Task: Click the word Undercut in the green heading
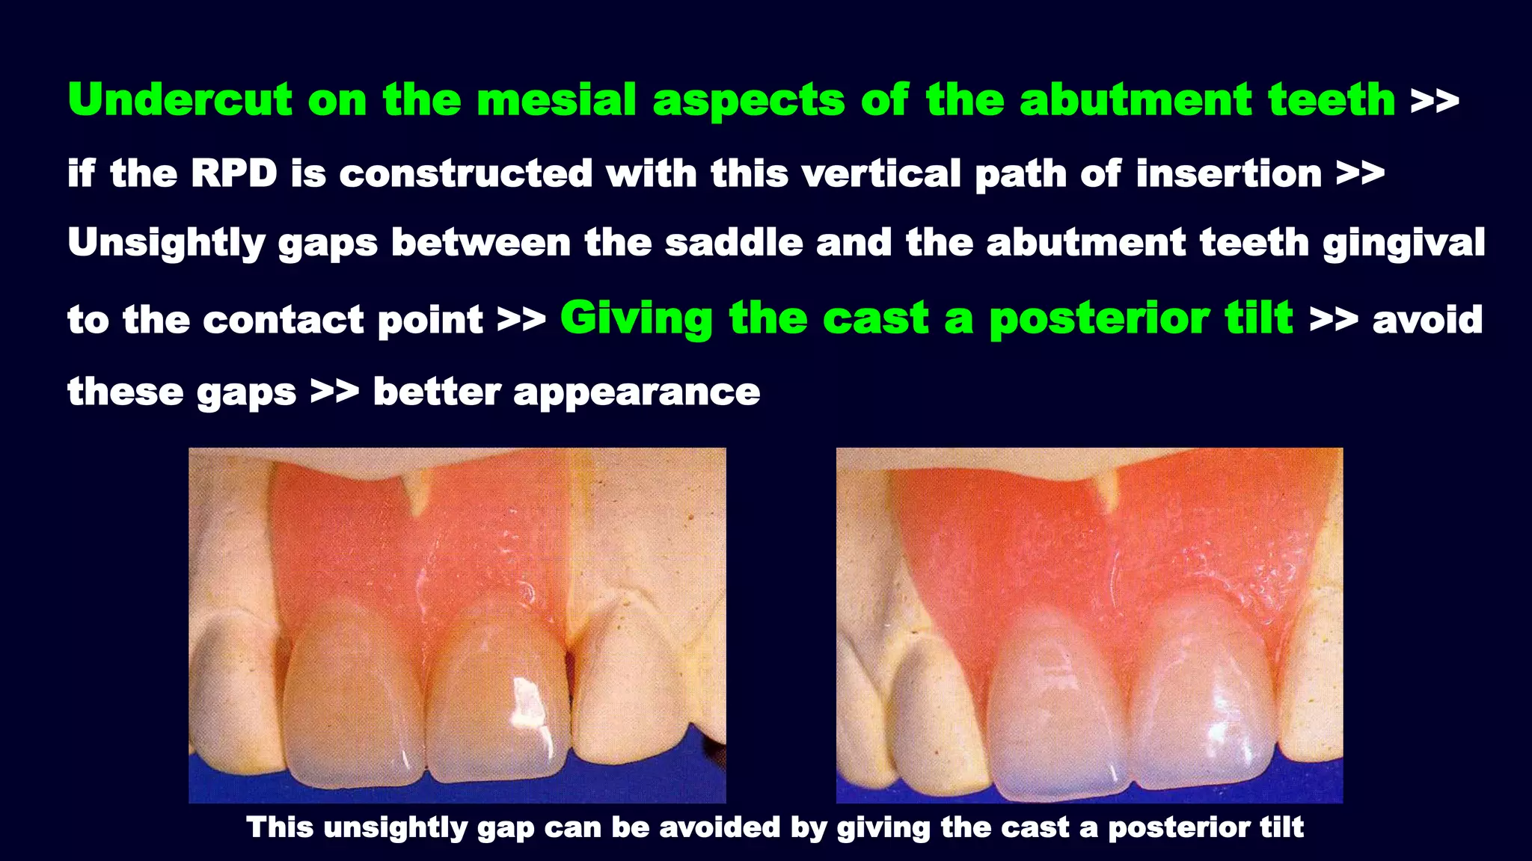tap(180, 101)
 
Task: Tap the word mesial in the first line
tap(556, 101)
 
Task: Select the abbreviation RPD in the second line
tap(233, 174)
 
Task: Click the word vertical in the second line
tap(880, 174)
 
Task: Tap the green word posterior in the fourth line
tap(1098, 320)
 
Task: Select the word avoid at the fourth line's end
tap(1427, 320)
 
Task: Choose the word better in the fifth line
tap(437, 392)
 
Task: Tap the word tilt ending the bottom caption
tap(1281, 827)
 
